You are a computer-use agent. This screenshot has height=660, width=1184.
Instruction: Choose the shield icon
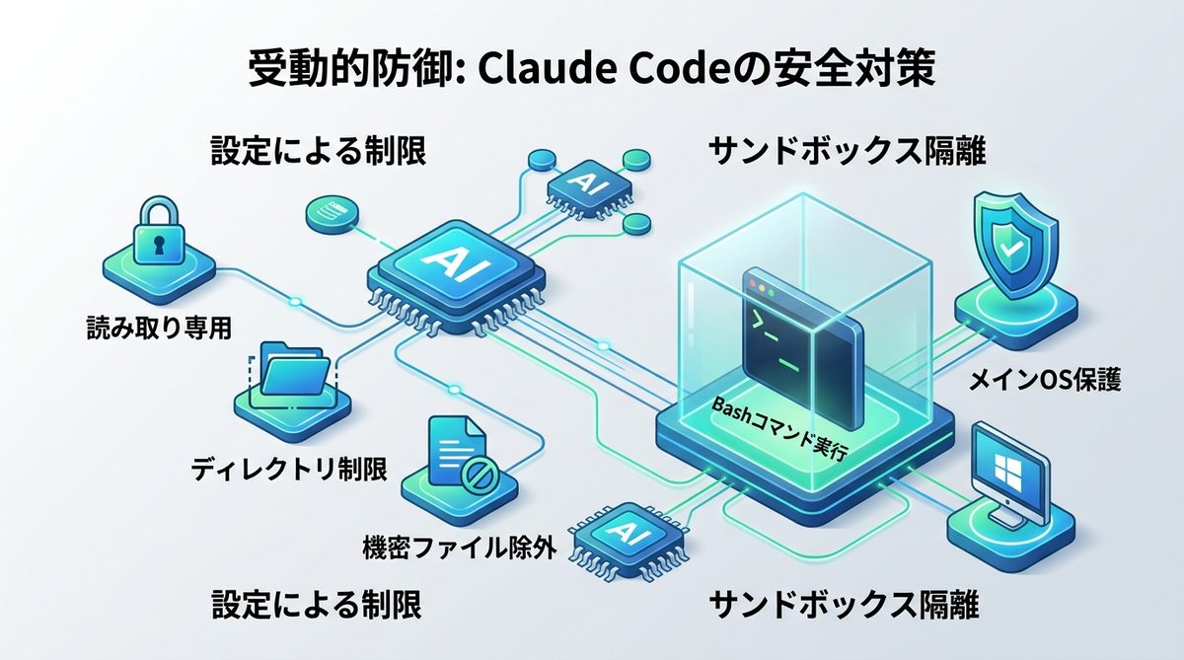click(x=1012, y=246)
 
